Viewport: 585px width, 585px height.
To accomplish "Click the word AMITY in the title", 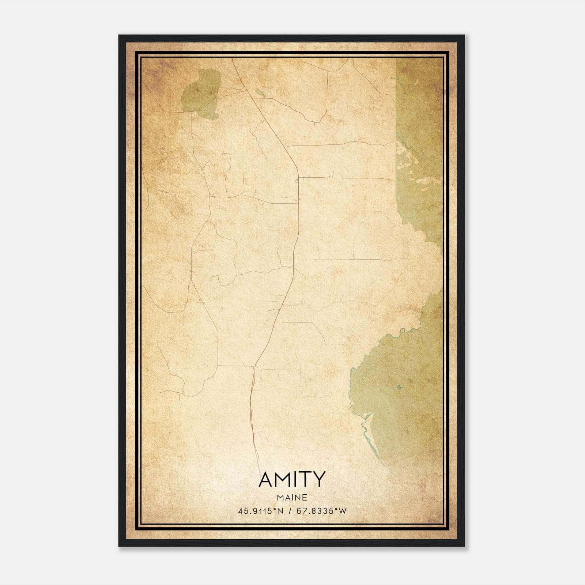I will (x=292, y=479).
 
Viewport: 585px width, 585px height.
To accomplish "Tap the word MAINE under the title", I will (x=292, y=498).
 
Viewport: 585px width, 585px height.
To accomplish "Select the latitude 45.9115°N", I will (x=261, y=511).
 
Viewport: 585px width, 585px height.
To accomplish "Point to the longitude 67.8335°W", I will (x=321, y=511).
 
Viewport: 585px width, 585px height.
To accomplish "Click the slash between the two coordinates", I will (x=290, y=511).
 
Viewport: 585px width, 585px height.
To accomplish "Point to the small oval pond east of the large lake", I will (x=260, y=93).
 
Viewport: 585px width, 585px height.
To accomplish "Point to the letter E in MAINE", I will (x=305, y=498).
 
